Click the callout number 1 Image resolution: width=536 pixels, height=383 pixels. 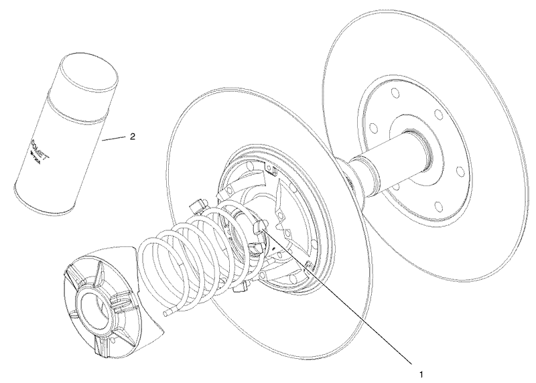(420, 368)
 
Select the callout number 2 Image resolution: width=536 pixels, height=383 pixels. (133, 136)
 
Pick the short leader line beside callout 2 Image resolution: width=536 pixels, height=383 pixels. (113, 139)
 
